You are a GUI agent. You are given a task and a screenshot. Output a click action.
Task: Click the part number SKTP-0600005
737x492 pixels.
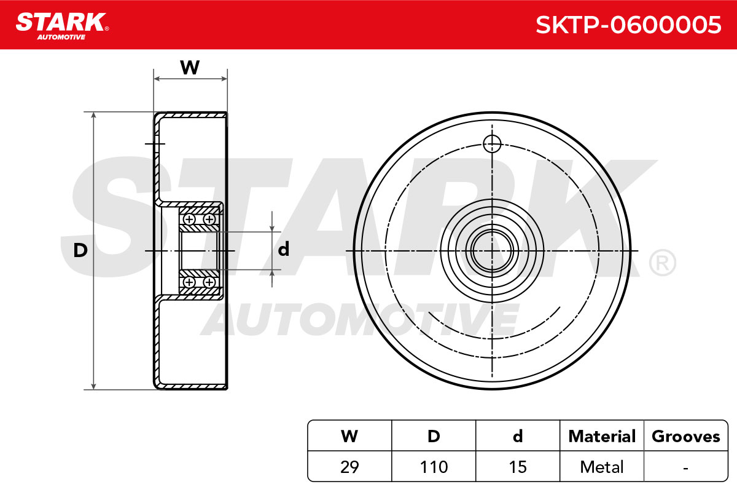(x=628, y=25)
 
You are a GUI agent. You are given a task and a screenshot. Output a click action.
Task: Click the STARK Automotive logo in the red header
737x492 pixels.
(x=62, y=26)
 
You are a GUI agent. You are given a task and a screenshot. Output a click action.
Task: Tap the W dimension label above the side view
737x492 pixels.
(x=190, y=67)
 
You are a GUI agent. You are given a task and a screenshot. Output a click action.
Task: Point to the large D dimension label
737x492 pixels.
(x=80, y=250)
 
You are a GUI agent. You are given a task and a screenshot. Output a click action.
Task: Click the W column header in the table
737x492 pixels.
(x=349, y=436)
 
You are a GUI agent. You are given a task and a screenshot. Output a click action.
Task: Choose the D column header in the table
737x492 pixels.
(x=434, y=436)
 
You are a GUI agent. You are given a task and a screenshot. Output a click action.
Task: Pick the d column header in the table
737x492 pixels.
(x=518, y=436)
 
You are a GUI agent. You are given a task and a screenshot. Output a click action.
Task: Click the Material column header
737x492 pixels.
(x=602, y=436)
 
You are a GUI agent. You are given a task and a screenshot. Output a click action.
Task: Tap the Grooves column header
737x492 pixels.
(x=686, y=436)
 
